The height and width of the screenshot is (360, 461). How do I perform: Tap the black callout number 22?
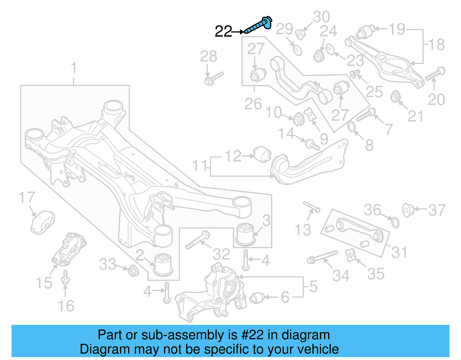click(223, 31)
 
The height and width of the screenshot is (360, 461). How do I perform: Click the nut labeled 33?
click(133, 270)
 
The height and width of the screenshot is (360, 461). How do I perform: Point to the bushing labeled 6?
click(257, 298)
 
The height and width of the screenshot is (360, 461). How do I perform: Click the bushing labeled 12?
click(262, 154)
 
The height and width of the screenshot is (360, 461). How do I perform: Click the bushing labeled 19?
click(365, 32)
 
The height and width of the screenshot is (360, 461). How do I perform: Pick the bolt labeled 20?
click(435, 74)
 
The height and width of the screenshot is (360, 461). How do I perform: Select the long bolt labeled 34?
click(322, 257)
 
